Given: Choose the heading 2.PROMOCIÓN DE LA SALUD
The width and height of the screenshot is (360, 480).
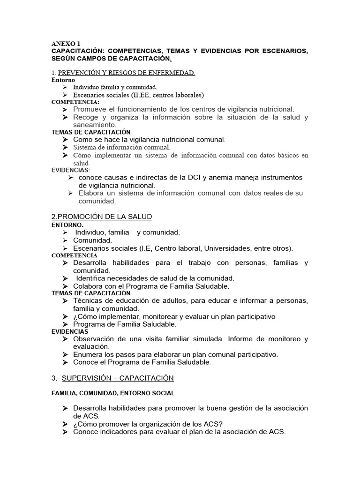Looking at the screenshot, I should tap(101, 217).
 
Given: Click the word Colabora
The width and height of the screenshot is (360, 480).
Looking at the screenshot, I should tap(90, 286).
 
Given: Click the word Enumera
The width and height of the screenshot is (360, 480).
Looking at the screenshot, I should tap(89, 354).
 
